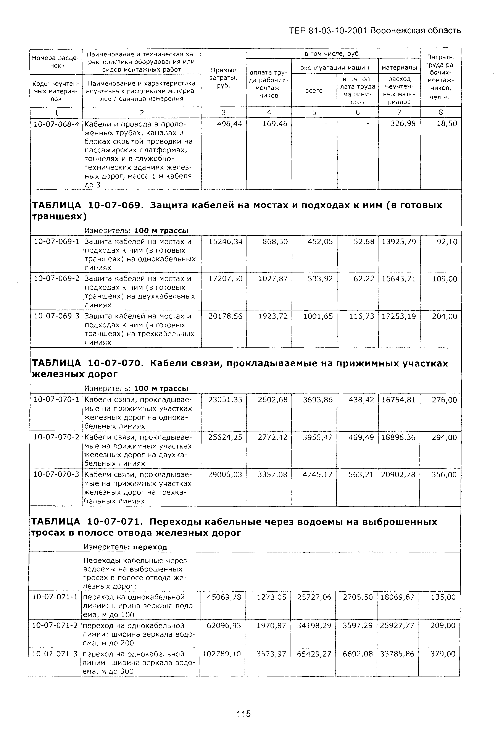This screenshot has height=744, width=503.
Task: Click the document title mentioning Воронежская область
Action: [x=375, y=31]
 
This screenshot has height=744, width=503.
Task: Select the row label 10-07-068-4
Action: [x=56, y=124]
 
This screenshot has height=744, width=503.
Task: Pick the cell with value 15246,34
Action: [x=225, y=242]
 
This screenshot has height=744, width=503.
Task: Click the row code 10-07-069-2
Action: [x=56, y=279]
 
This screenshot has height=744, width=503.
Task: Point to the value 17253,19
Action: [x=399, y=316]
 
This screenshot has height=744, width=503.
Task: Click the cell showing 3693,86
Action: [x=318, y=400]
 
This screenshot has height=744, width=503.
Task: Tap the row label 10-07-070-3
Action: [x=56, y=474]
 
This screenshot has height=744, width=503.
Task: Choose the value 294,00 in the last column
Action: [x=444, y=437]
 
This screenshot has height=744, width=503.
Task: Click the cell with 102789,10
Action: [x=222, y=654]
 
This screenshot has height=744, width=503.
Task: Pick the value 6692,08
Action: [x=358, y=654]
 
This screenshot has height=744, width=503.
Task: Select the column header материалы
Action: [x=399, y=68]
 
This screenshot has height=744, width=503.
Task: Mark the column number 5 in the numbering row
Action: [x=314, y=112]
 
